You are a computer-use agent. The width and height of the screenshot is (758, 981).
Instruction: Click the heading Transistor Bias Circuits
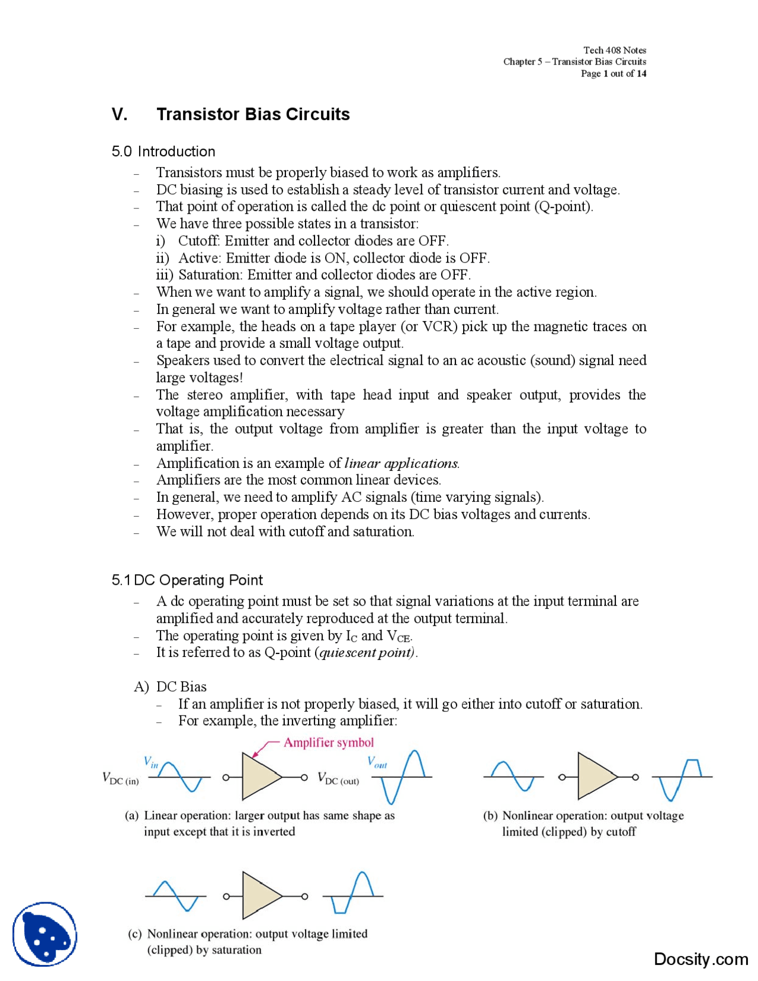(x=253, y=114)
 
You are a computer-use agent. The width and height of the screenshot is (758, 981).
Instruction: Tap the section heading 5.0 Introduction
(x=163, y=151)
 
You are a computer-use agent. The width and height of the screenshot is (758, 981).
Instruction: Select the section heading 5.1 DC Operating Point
(x=187, y=579)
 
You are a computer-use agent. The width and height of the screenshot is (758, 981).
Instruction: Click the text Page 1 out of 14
(x=613, y=73)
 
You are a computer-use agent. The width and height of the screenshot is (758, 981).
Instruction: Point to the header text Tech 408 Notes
(x=614, y=50)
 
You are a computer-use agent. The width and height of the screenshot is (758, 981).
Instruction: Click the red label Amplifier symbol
(x=329, y=742)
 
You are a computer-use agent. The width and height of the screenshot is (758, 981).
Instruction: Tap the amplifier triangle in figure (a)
(x=259, y=776)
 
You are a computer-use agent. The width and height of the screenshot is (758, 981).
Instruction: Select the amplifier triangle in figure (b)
(x=595, y=776)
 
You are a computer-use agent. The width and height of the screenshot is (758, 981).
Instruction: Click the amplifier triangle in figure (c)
(x=259, y=895)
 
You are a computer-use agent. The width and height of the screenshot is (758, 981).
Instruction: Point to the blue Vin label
(x=151, y=762)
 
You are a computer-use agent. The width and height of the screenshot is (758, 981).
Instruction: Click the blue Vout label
(x=377, y=762)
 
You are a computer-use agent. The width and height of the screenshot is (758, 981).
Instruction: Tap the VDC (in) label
(x=121, y=778)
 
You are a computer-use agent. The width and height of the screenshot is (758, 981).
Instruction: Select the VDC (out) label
(x=338, y=778)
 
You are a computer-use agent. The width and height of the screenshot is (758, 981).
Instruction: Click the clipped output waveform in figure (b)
(x=682, y=777)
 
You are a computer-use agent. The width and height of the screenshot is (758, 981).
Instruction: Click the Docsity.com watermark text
(x=701, y=958)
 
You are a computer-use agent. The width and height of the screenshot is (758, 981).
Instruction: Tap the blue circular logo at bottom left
(x=45, y=934)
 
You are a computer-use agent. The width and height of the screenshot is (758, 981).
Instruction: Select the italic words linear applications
(x=401, y=463)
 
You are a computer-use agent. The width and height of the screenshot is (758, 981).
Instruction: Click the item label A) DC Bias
(x=171, y=687)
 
